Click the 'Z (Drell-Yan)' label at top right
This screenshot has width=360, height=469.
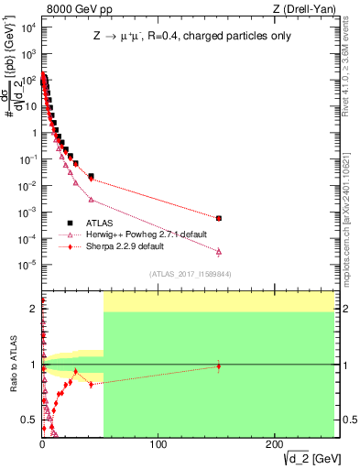point(305,8)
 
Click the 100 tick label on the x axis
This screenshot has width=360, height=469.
point(158,445)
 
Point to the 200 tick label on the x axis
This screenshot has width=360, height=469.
point(275,445)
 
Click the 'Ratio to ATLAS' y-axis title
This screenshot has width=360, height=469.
point(11,364)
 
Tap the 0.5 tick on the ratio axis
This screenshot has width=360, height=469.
point(30,420)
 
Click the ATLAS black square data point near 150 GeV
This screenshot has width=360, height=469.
point(218,218)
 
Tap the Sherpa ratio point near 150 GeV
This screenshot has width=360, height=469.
point(218,366)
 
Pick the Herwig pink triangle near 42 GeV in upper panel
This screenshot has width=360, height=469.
point(91,199)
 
